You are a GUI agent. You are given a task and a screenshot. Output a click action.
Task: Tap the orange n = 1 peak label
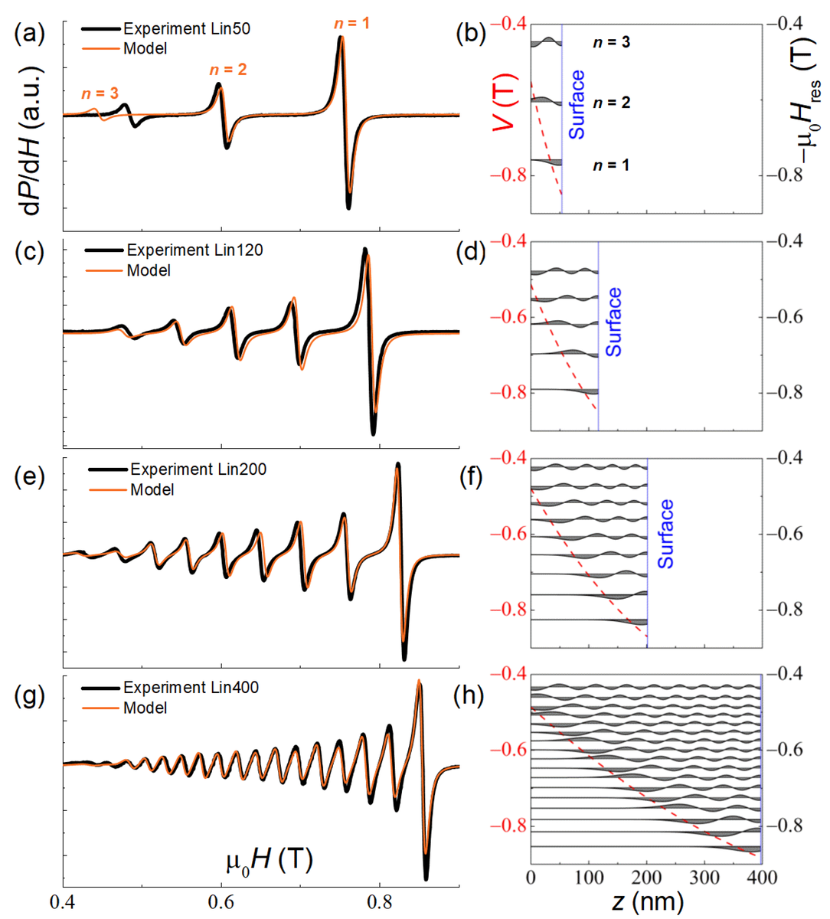352,24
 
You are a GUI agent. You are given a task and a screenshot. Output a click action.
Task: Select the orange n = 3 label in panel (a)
100,93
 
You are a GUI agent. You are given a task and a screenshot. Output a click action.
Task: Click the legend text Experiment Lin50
187,29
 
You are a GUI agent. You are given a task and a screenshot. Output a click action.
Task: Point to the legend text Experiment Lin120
194,250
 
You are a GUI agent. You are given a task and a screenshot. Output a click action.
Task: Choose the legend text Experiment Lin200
198,469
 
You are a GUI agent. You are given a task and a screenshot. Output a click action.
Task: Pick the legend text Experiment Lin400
191,688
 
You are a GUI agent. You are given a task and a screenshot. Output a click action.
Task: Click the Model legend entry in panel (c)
149,270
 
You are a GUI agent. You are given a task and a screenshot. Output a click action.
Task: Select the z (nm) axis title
647,901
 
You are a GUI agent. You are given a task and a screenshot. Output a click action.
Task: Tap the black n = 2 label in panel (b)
612,103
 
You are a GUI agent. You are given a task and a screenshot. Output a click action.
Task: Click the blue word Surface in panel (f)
665,533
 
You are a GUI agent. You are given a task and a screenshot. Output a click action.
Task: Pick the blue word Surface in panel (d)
613,322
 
